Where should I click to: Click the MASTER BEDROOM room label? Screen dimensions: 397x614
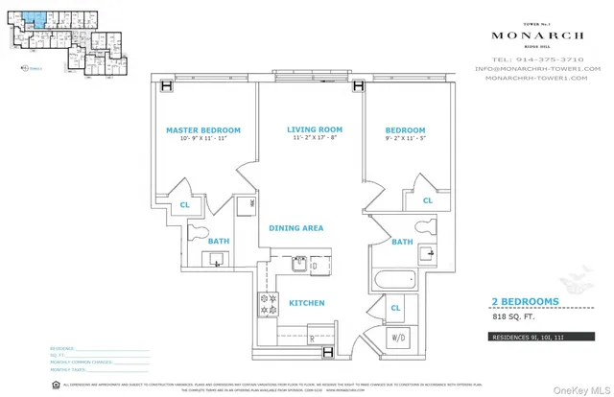(x=202, y=130)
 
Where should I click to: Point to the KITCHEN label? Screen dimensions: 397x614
(x=305, y=303)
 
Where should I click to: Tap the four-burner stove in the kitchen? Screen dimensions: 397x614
(x=265, y=305)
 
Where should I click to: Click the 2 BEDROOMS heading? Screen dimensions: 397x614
(x=525, y=301)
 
